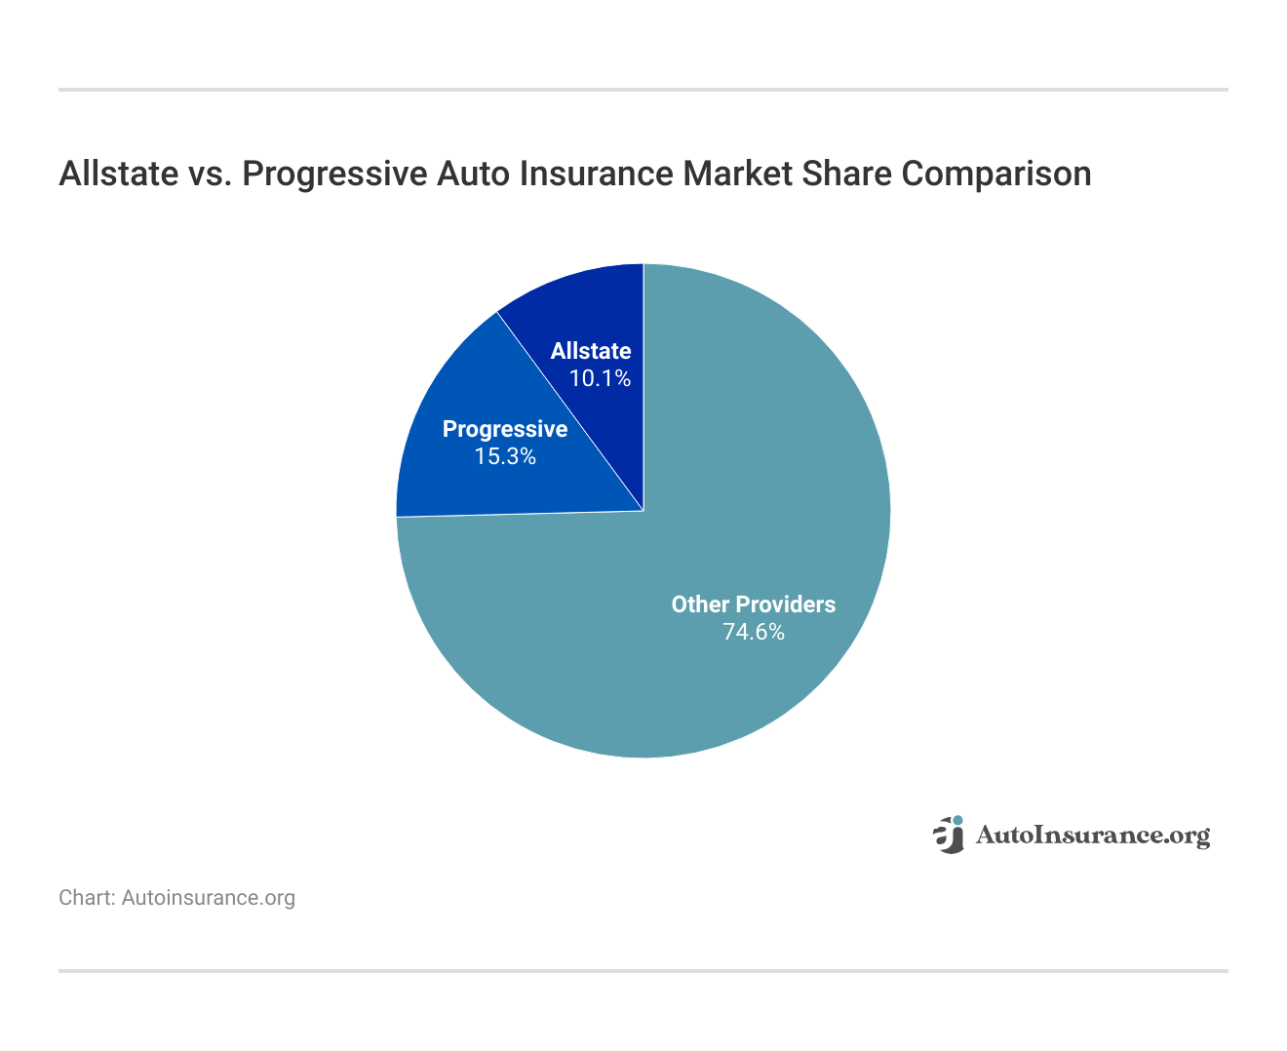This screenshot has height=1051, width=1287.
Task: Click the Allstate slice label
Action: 590,351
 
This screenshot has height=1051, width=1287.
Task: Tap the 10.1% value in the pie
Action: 600,378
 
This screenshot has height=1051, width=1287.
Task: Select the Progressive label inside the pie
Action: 504,429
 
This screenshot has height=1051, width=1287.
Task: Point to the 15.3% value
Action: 504,456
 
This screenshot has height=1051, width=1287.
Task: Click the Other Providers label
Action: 753,604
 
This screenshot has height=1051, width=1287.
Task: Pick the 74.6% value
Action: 753,632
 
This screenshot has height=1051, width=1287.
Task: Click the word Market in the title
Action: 737,174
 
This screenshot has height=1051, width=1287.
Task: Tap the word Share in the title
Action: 845,174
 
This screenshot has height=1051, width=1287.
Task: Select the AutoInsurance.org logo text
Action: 1092,836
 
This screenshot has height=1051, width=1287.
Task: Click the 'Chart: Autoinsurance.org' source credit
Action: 176,898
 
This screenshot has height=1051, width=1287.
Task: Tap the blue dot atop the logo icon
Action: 957,821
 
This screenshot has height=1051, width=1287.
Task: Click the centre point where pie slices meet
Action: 643,511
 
